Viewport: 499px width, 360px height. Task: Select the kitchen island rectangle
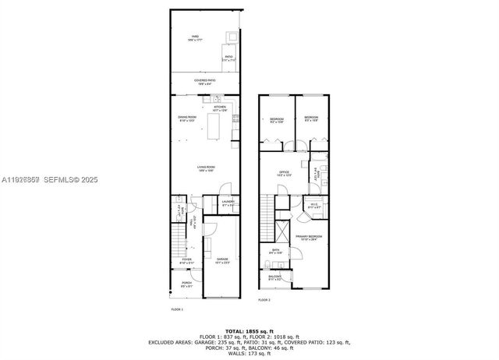click(x=213, y=126)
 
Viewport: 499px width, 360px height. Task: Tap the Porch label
click(x=186, y=284)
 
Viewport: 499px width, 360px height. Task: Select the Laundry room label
click(x=228, y=204)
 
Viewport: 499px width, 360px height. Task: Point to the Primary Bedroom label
click(x=309, y=238)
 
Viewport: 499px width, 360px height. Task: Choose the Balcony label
click(x=274, y=277)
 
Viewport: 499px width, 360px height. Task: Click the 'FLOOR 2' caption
click(x=264, y=300)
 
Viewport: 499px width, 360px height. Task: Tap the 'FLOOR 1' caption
click(x=176, y=309)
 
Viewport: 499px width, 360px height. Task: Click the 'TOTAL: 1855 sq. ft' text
click(x=249, y=331)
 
